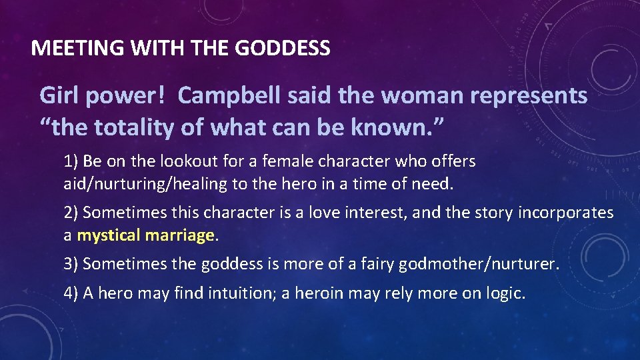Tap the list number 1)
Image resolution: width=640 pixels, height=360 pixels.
(x=71, y=161)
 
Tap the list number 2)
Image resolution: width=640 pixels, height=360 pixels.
(x=71, y=213)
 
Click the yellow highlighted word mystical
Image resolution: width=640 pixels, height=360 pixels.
(x=109, y=235)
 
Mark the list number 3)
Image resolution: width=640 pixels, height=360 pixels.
(x=71, y=264)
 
